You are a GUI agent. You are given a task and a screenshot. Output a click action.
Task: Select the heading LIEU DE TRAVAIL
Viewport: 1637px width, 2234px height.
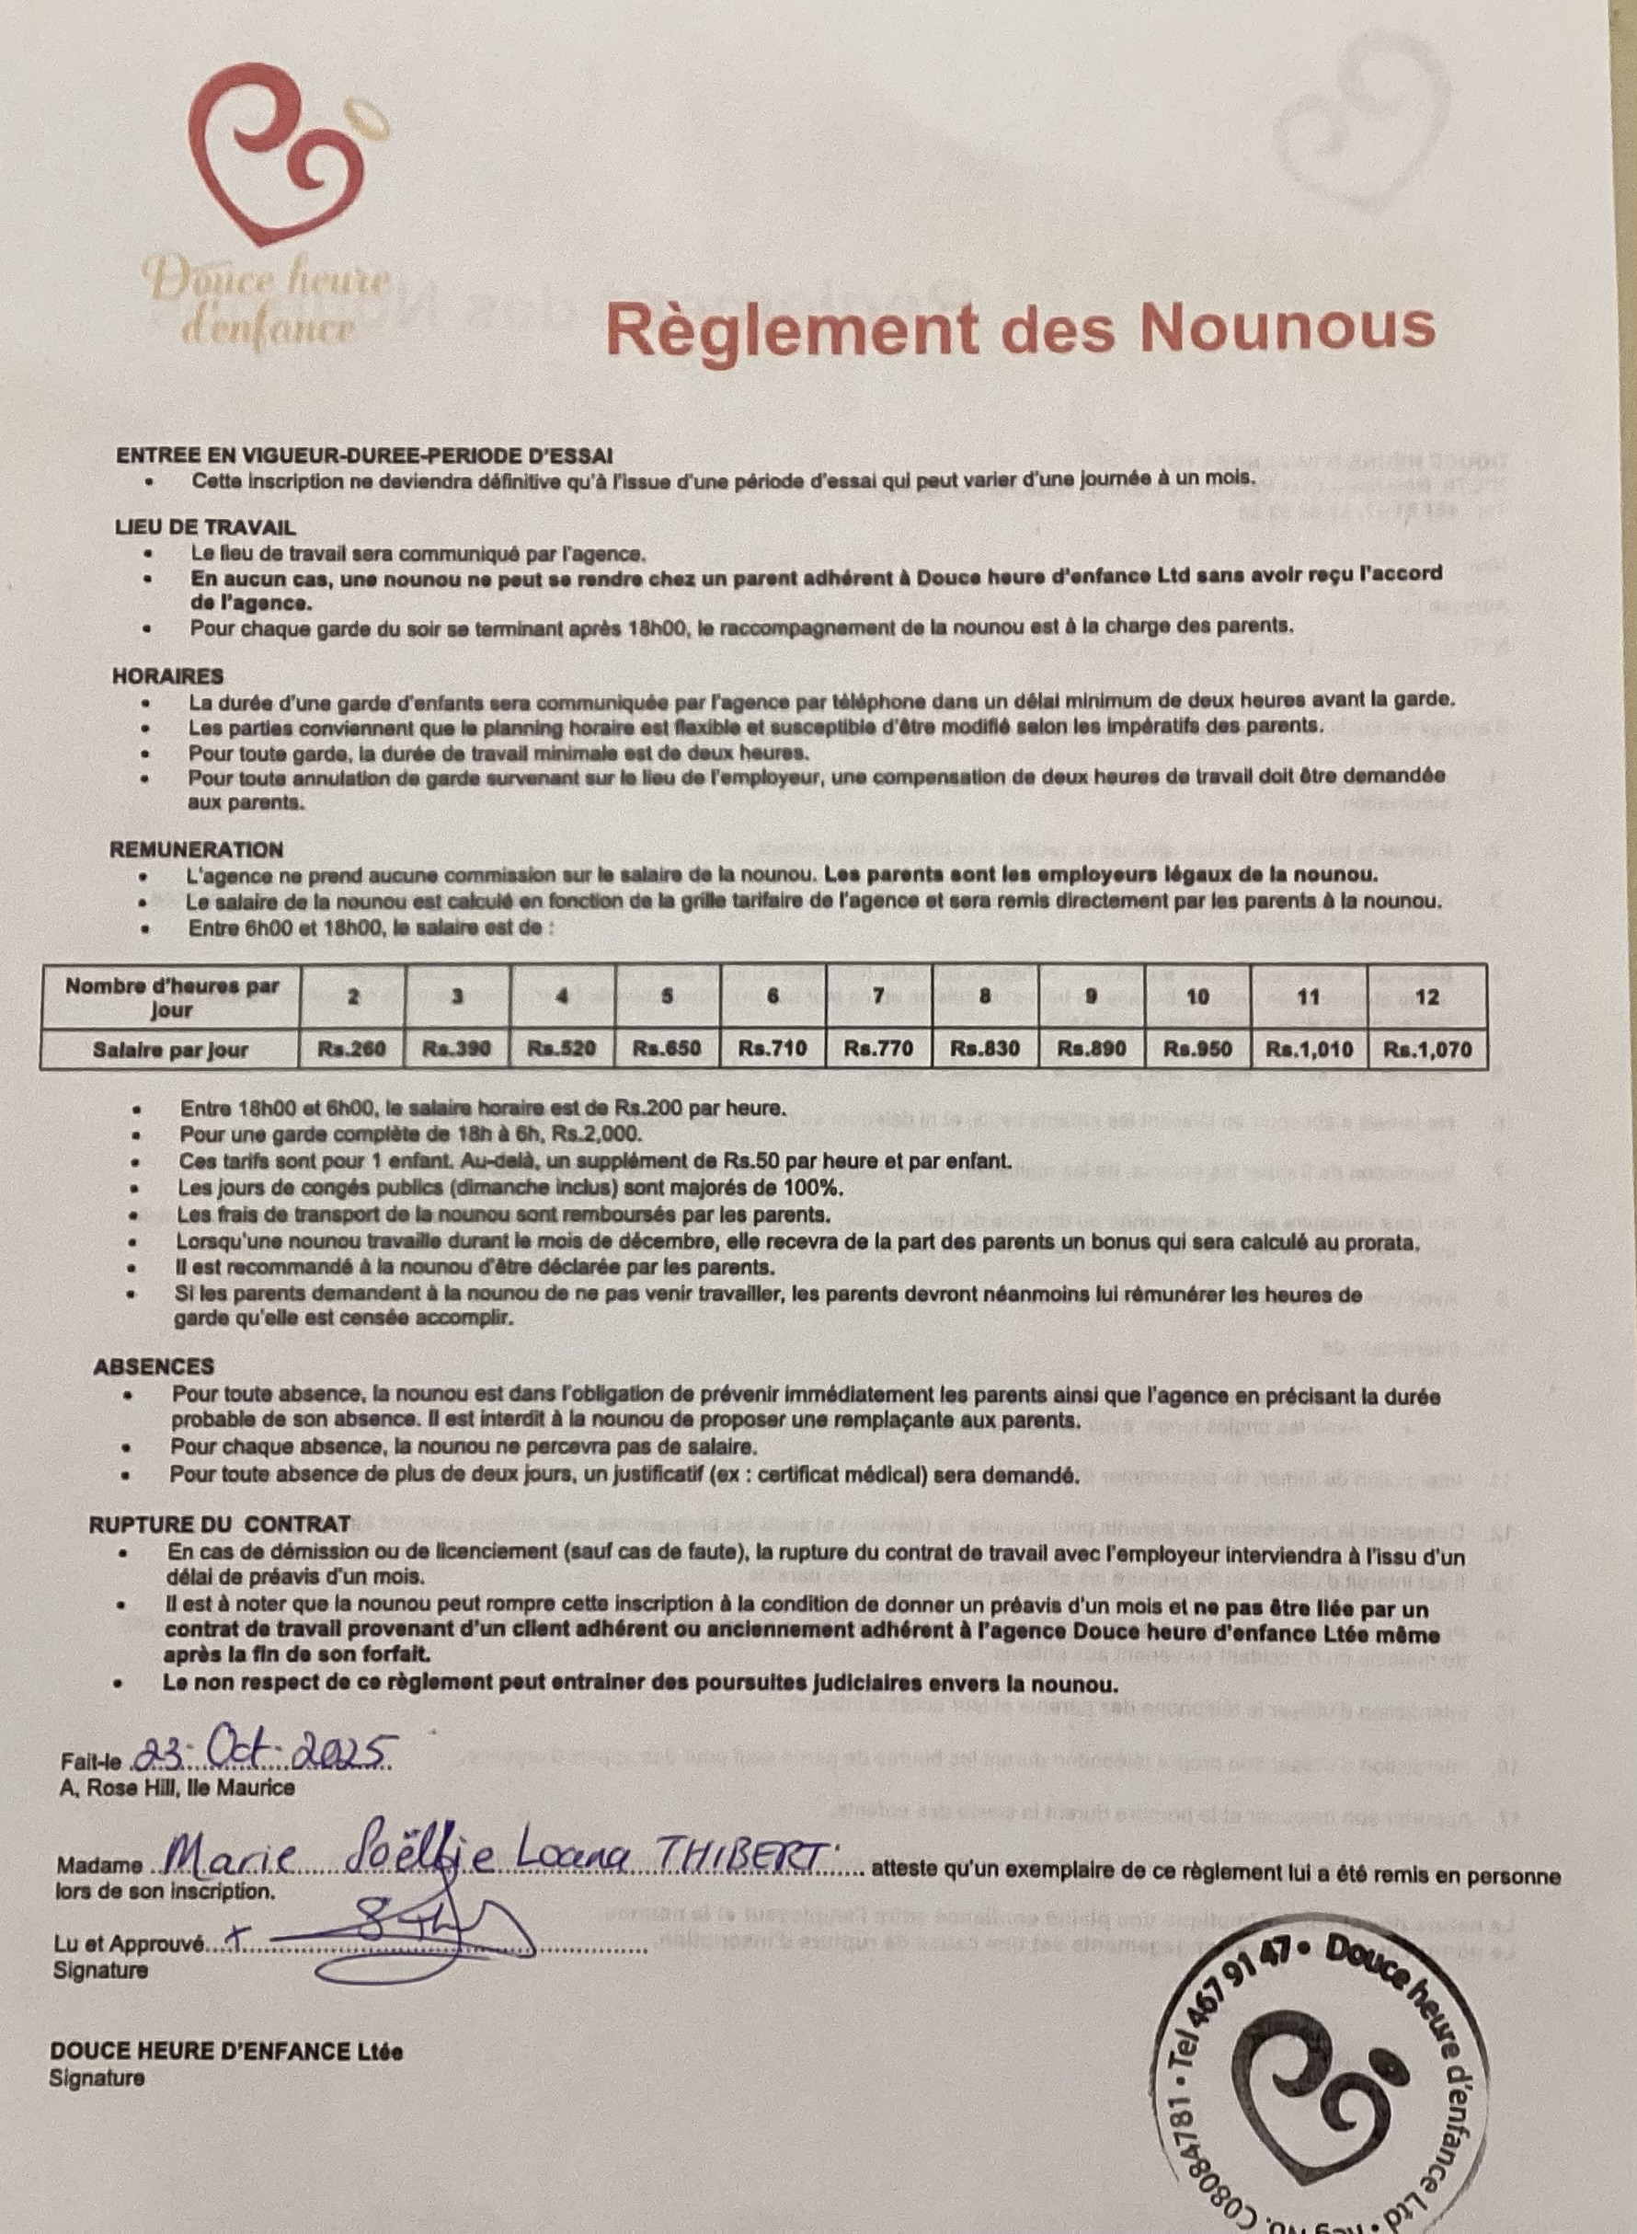tap(205, 528)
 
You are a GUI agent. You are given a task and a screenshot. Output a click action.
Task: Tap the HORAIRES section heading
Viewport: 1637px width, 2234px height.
tap(167, 676)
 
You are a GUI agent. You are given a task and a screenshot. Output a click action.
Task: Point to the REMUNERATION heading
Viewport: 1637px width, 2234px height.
tap(196, 848)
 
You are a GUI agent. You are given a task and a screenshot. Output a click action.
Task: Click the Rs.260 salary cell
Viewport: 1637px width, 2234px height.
tap(352, 1049)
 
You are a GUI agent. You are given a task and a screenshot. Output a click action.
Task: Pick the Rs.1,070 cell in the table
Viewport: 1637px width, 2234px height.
tap(1427, 1049)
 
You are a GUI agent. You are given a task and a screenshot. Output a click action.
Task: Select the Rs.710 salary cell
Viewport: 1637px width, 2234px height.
tap(772, 1049)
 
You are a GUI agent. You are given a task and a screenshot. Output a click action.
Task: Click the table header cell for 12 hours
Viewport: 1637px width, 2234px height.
tap(1427, 996)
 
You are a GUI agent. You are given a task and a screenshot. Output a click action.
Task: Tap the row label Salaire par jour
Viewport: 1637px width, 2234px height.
tap(170, 1049)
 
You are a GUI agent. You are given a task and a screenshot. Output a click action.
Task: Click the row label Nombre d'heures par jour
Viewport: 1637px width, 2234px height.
tap(170, 997)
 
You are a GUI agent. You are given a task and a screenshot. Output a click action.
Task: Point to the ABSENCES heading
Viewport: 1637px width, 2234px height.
tap(154, 1365)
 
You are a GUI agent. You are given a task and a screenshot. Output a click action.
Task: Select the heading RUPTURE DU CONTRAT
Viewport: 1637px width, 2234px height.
tap(219, 1524)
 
